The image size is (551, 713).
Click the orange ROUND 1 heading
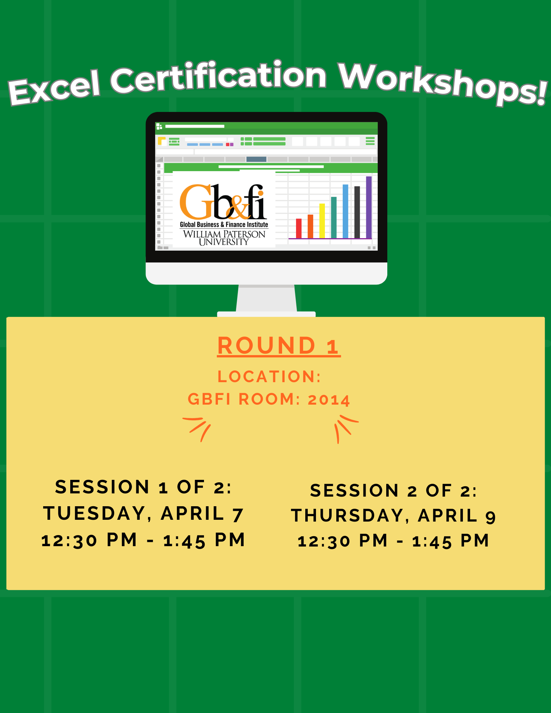tap(279, 345)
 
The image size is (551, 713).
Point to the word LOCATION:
tap(269, 376)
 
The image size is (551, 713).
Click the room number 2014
tap(329, 400)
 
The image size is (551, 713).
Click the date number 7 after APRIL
tap(238, 515)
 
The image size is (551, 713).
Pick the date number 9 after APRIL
tap(491, 517)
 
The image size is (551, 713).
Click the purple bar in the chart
tap(369, 207)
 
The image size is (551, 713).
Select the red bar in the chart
tap(299, 228)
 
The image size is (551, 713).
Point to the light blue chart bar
tap(345, 211)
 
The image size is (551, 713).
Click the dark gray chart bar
tap(357, 212)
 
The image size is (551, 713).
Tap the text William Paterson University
tap(224, 238)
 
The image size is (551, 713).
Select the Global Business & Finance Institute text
tap(224, 225)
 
